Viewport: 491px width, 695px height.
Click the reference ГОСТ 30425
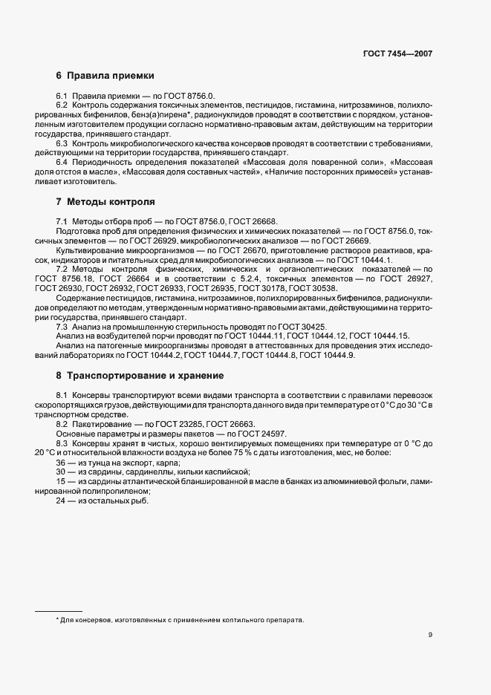click(303, 327)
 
